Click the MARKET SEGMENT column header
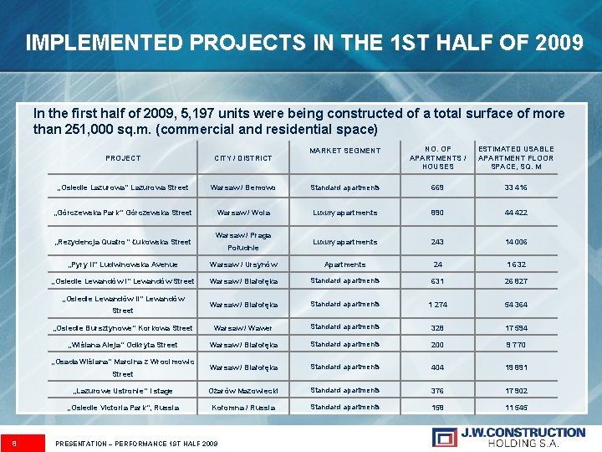click(344, 151)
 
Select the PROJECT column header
click(123, 157)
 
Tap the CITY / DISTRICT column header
click(243, 157)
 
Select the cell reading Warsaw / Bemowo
click(243, 187)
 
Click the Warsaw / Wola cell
click(243, 213)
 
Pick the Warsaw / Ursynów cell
click(243, 265)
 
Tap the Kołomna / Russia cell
click(243, 408)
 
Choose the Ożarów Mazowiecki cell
click(243, 391)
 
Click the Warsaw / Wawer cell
click(243, 328)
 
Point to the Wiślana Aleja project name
click(123, 345)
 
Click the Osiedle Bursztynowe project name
click(123, 328)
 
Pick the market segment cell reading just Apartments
click(344, 265)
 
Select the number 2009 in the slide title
click(558, 42)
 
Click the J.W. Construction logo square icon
click(444, 436)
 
